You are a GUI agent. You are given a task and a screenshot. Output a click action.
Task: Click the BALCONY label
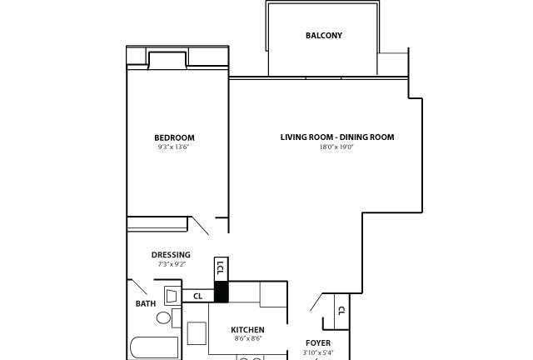324,35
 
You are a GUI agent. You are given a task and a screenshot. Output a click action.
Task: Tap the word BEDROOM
174,137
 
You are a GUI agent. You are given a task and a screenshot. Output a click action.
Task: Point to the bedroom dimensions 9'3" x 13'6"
173,147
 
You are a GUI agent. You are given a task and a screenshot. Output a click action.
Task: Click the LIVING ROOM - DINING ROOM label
337,137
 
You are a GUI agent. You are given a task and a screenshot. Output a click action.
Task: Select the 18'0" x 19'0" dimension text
336,147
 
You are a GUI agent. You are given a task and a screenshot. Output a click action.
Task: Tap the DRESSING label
171,255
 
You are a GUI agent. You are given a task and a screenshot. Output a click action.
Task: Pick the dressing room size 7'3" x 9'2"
172,264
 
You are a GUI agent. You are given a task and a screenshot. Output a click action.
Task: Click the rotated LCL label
221,268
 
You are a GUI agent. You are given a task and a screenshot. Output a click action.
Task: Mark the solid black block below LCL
221,292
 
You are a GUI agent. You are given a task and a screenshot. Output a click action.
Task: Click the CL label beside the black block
198,297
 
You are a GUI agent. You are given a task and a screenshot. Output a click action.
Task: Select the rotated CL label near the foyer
341,311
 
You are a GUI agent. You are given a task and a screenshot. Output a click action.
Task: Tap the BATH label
146,303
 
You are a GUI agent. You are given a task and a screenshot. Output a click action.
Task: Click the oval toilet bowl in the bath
163,318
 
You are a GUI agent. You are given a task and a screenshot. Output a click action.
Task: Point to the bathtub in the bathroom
155,348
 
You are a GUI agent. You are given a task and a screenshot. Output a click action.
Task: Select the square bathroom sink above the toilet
172,296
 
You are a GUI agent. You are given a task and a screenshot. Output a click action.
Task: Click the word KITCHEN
247,330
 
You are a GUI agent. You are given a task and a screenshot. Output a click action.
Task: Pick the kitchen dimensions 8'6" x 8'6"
248,338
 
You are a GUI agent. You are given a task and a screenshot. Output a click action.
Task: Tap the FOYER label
318,343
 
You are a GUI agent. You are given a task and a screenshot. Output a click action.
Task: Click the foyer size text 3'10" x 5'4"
318,352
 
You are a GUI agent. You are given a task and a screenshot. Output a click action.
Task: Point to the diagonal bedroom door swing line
201,226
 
